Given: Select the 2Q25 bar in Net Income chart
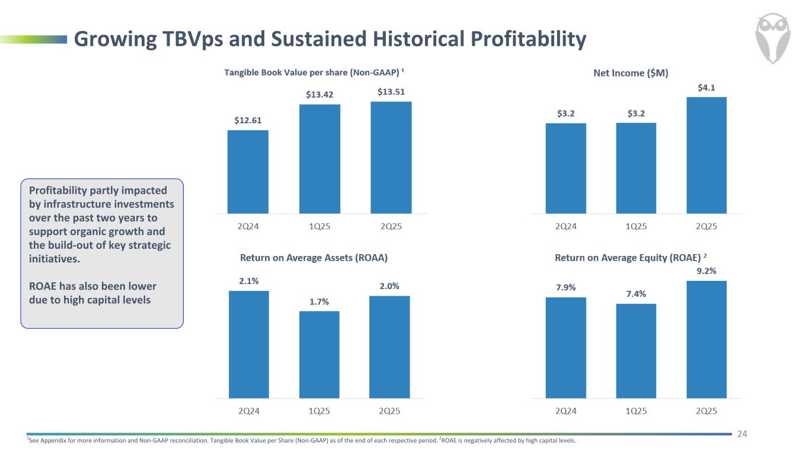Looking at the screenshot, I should (706, 155).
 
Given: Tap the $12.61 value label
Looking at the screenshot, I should (248, 120).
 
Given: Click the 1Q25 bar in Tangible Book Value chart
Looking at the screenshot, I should (320, 159).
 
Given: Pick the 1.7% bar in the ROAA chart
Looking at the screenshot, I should (319, 354).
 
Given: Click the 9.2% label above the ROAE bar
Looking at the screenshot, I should (706, 271).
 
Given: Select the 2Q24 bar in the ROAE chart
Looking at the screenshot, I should (565, 347).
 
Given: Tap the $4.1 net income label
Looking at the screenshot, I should (706, 87).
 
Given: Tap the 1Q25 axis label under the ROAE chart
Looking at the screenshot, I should (636, 411).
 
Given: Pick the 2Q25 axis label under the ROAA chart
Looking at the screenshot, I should (389, 411).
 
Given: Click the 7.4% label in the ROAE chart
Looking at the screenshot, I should (636, 294).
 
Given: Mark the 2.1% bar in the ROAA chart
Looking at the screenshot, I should (248, 344).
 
